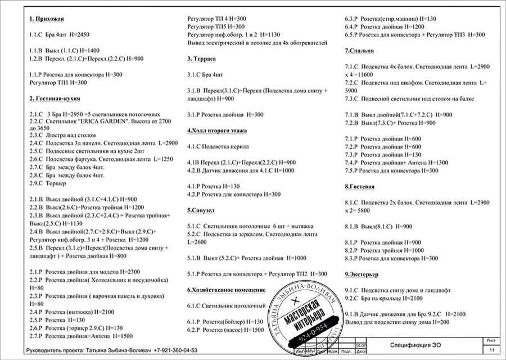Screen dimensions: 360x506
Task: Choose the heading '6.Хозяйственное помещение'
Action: coord(226,290)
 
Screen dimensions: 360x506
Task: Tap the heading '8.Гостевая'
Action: coord(360,186)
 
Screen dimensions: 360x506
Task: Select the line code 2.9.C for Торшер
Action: coord(36,183)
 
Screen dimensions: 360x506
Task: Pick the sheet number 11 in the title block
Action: coord(491,350)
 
